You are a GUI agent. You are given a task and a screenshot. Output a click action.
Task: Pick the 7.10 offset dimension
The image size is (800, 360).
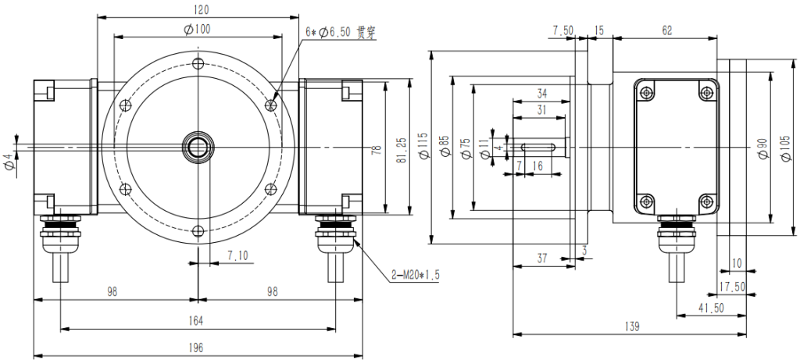click(238, 255)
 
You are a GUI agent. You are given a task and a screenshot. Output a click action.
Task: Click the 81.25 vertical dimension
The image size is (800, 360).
click(400, 145)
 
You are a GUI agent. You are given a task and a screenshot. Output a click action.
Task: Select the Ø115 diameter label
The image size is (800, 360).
click(423, 145)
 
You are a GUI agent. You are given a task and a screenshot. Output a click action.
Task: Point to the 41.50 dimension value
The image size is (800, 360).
click(711, 308)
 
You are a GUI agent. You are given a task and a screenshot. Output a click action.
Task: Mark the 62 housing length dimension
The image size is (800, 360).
click(666, 30)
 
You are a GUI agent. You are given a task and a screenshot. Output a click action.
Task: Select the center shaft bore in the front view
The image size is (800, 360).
click(198, 146)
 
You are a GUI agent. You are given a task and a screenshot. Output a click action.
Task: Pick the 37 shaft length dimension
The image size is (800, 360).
click(543, 258)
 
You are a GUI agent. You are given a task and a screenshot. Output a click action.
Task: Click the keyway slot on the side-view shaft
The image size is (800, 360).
click(539, 146)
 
